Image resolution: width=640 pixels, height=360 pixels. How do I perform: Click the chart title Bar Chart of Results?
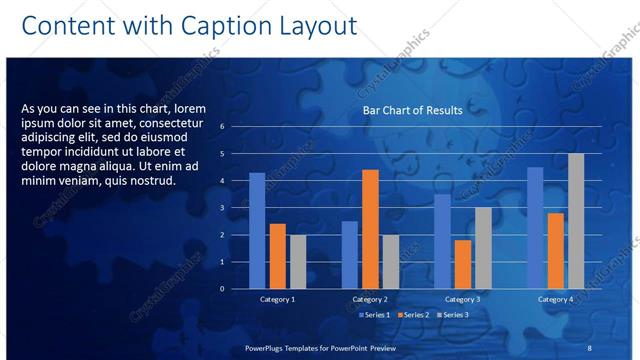click(412, 110)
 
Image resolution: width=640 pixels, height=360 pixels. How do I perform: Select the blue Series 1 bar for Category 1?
click(257, 230)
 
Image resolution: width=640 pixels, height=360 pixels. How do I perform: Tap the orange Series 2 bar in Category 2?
click(370, 228)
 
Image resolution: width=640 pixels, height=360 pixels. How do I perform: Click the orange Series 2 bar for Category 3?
click(463, 264)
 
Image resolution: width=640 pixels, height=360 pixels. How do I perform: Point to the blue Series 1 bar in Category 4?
click(535, 227)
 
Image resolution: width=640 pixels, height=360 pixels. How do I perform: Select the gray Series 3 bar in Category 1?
click(298, 261)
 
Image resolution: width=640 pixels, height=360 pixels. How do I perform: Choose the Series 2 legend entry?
click(412, 315)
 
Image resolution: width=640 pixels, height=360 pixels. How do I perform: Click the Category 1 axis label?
click(277, 299)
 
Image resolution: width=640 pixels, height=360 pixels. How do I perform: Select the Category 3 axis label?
click(462, 299)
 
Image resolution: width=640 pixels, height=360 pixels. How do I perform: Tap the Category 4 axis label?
click(555, 299)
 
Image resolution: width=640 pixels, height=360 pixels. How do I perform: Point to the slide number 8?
click(589, 347)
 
